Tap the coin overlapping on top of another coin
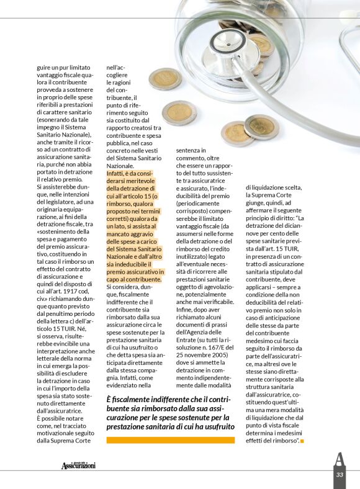tap(260, 126)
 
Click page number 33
tap(340, 475)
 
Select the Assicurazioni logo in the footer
tap(79, 465)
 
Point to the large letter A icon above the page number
tap(339, 460)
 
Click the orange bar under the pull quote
tap(171, 440)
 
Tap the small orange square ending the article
tap(302, 441)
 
